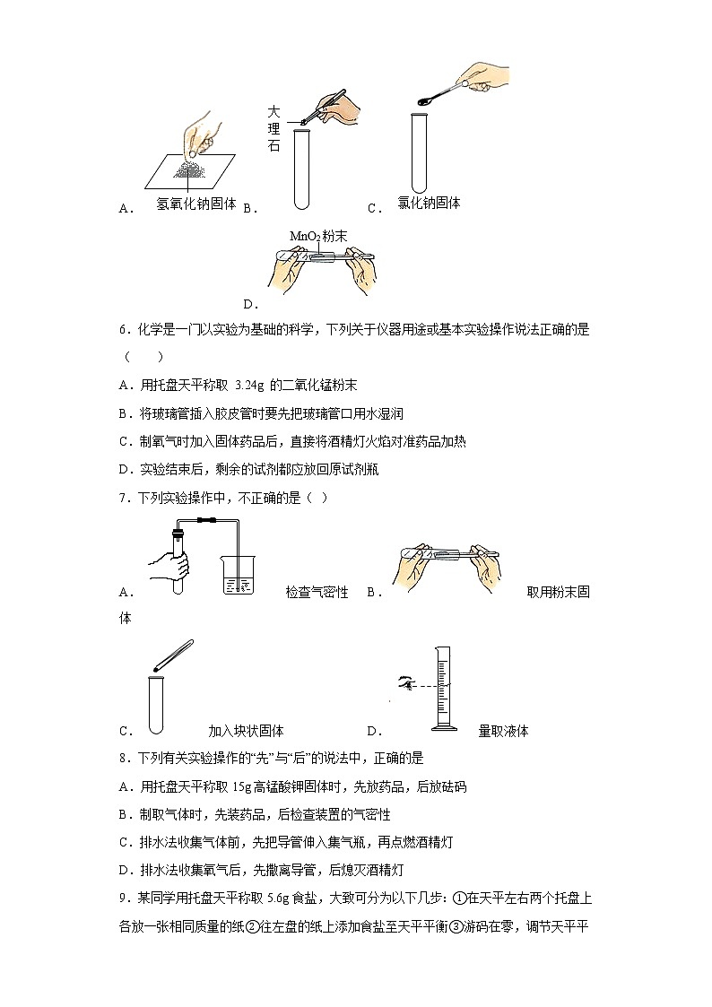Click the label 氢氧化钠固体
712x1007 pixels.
(x=196, y=204)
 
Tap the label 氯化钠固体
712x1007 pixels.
(x=429, y=204)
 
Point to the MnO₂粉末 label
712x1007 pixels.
(x=319, y=236)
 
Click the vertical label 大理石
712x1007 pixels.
(x=274, y=127)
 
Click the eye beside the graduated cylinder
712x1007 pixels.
(x=407, y=685)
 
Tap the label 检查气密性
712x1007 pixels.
(x=317, y=592)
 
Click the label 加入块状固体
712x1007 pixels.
(x=246, y=731)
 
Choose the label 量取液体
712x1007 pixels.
(x=503, y=731)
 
